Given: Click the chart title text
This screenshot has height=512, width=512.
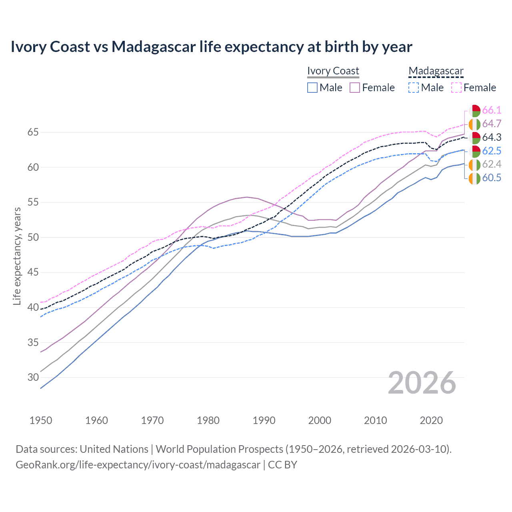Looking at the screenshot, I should pos(211,47).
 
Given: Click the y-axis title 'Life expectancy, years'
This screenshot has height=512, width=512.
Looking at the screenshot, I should pos(17,256).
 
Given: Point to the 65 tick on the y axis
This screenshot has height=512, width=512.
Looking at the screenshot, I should pos(33,132).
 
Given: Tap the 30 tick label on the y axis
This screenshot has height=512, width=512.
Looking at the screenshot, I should pos(33,378).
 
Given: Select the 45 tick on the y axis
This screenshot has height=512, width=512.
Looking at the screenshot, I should pos(33,272).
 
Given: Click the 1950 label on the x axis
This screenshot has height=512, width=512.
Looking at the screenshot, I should pos(41,420).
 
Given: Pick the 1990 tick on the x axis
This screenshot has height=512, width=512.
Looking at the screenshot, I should pos(264,420).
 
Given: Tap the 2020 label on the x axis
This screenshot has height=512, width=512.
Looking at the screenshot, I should pos(431,420).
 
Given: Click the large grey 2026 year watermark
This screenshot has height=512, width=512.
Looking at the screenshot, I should pos(422,383).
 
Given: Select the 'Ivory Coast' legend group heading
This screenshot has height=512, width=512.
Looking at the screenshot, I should pos(333,71).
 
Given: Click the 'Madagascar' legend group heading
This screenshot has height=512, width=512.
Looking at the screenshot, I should pos(436,71).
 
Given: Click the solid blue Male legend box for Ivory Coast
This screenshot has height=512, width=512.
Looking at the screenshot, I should pos(312,88).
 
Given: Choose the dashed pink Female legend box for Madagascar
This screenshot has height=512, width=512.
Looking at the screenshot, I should pos(456,88).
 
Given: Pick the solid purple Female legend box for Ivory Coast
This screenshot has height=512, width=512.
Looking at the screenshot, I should pos(355,88).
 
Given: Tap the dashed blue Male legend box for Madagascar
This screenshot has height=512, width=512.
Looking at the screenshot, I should pos(414,88).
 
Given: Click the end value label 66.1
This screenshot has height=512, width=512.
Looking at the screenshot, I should pos(492,110).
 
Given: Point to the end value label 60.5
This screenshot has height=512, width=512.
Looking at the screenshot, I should pos(492,178).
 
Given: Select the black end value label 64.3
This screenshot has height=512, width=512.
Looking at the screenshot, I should pos(492,138).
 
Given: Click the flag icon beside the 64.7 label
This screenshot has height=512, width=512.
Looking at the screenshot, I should pos(474,124).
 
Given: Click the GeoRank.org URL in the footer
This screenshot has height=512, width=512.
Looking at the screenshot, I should pos(138,465).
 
